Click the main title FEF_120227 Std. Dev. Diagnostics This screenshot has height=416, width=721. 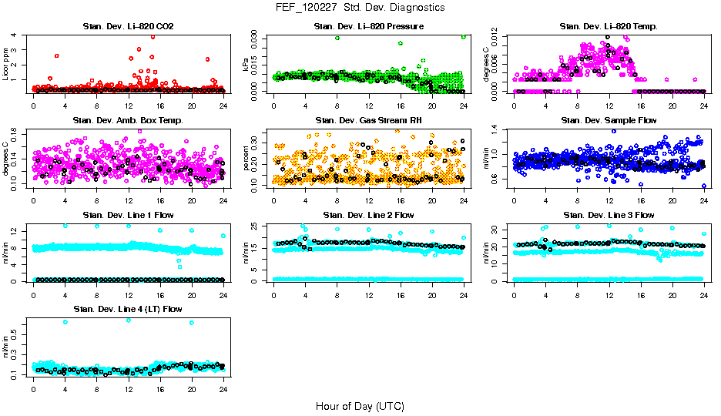[360, 7]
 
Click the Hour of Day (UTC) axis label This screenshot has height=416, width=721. [360, 406]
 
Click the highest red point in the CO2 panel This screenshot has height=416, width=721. [153, 36]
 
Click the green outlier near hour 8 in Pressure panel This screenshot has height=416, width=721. [337, 38]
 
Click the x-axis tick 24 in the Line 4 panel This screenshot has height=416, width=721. [223, 389]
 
